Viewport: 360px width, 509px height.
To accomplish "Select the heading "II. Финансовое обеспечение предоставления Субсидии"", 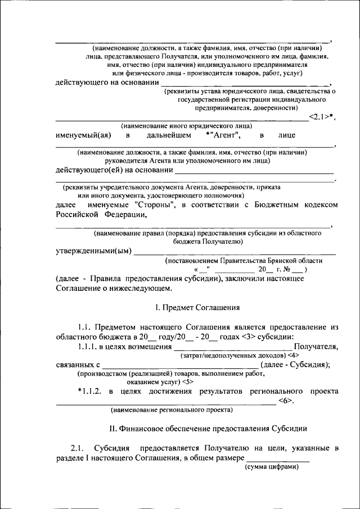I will click(208, 429).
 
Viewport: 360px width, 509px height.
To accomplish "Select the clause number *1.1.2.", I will click(90, 391).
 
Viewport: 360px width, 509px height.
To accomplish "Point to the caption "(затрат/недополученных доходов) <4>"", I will click(238, 355).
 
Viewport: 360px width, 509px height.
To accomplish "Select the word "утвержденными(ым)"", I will click(93, 251).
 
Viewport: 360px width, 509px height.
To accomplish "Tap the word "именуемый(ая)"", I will click(83, 136).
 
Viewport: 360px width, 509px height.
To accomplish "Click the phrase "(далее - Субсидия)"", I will click(296, 364).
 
